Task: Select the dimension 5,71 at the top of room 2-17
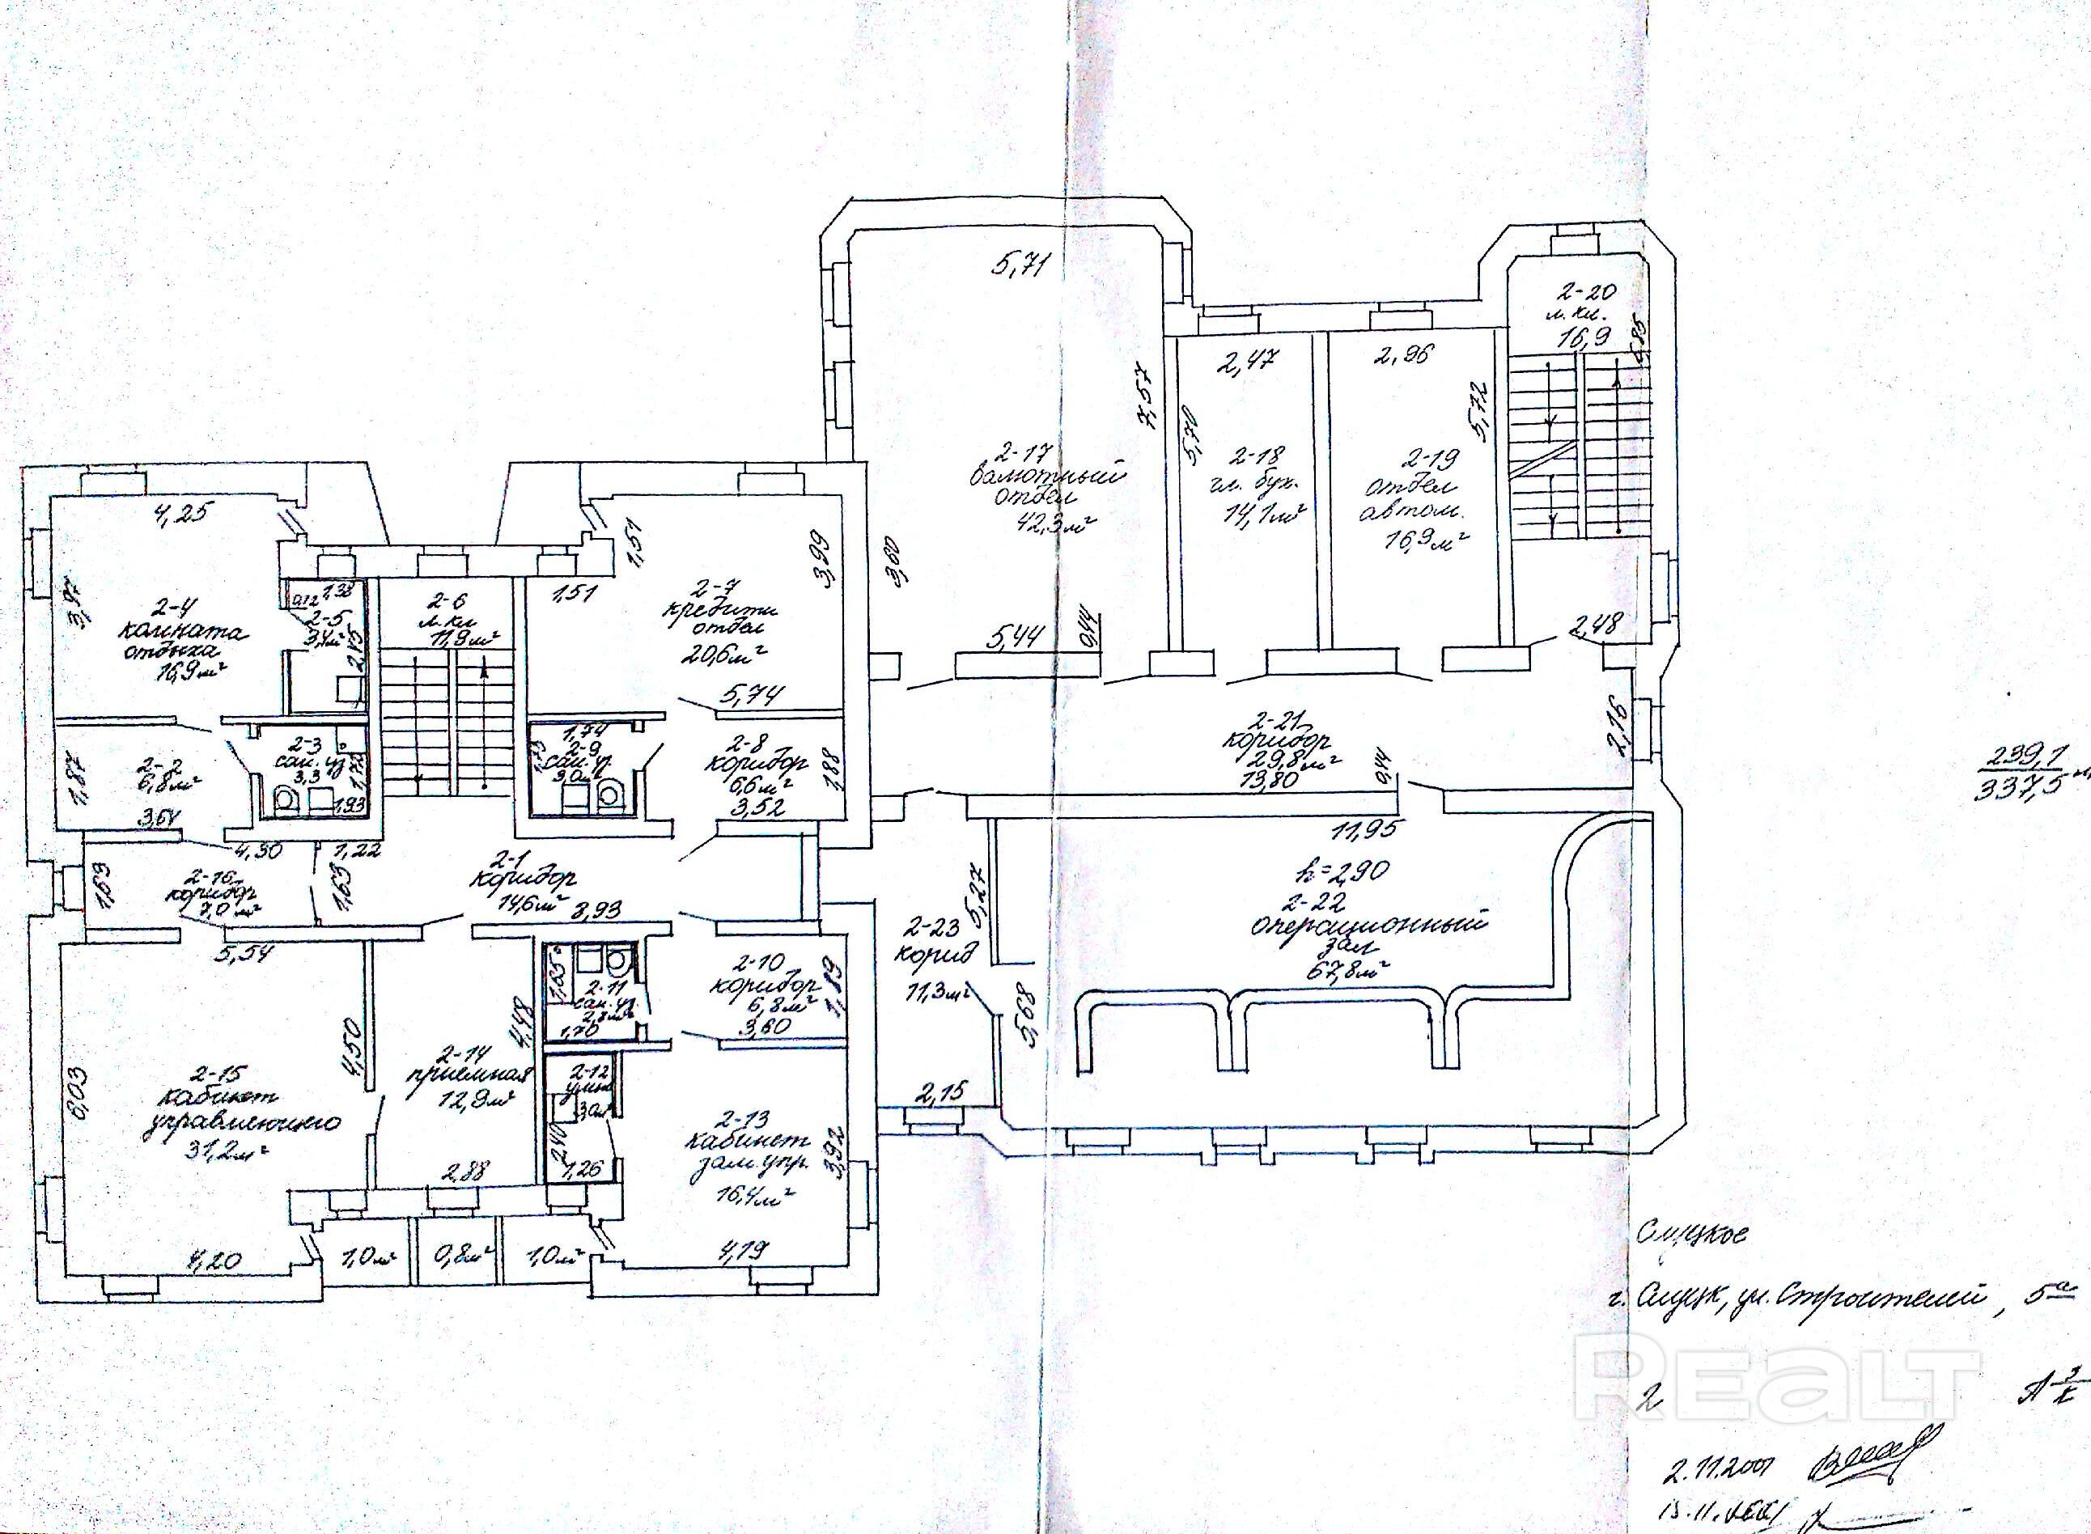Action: pyautogui.click(x=1019, y=269)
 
